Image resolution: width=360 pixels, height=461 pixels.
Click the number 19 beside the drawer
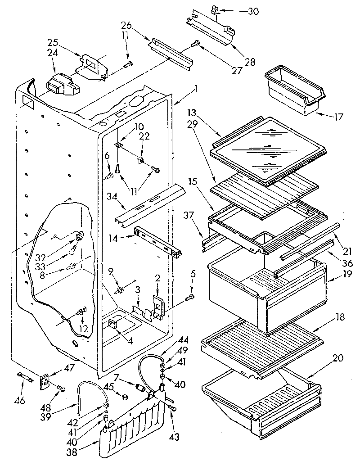pyautogui.click(x=342, y=280)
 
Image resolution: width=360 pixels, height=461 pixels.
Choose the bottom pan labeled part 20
pyautogui.click(x=261, y=396)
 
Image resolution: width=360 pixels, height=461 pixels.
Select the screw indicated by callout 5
pyautogui.click(x=190, y=296)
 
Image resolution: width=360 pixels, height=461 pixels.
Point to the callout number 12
pyautogui.click(x=84, y=329)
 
